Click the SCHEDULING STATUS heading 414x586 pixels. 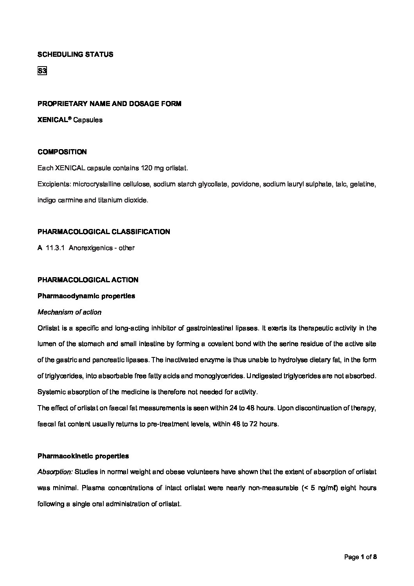pos(75,54)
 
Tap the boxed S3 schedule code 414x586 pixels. pos(42,71)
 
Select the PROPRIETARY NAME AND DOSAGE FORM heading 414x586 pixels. pos(109,104)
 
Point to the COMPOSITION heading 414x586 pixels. pos(62,152)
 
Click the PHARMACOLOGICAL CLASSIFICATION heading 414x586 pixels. pos(104,232)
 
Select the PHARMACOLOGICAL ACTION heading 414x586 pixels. pos(88,280)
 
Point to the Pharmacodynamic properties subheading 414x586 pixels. pos(86,296)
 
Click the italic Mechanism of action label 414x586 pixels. pos(69,312)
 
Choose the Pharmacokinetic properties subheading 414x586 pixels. pos(83,456)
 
